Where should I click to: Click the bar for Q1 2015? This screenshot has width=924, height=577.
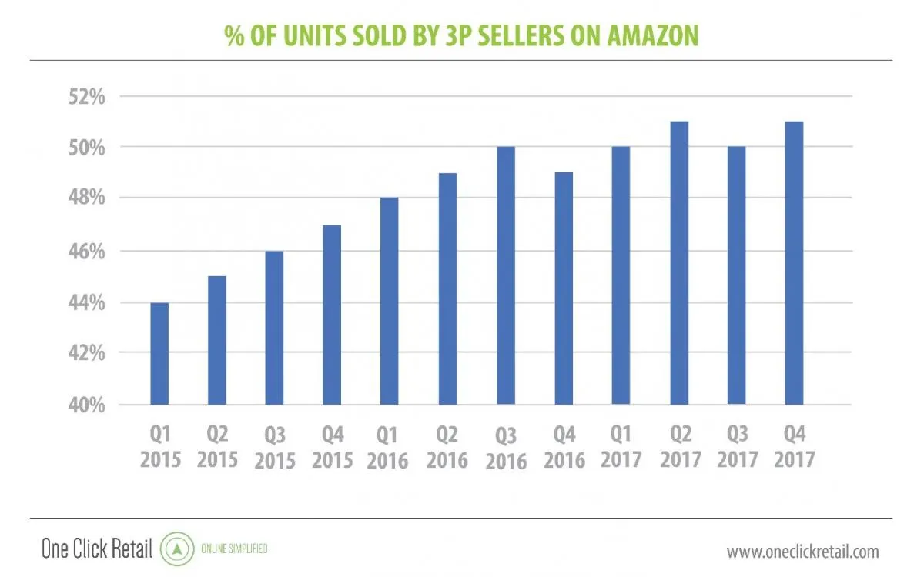(x=159, y=354)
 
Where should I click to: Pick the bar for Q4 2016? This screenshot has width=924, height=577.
(x=564, y=288)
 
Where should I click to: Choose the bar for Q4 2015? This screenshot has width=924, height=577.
(x=332, y=315)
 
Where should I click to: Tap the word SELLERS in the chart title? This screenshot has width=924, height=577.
(x=490, y=36)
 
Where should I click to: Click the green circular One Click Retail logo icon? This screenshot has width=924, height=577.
(x=176, y=550)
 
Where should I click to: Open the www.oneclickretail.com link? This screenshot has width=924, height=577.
(x=802, y=551)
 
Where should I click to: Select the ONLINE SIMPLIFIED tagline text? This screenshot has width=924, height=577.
(x=234, y=550)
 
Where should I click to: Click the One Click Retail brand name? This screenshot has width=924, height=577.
(x=97, y=550)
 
